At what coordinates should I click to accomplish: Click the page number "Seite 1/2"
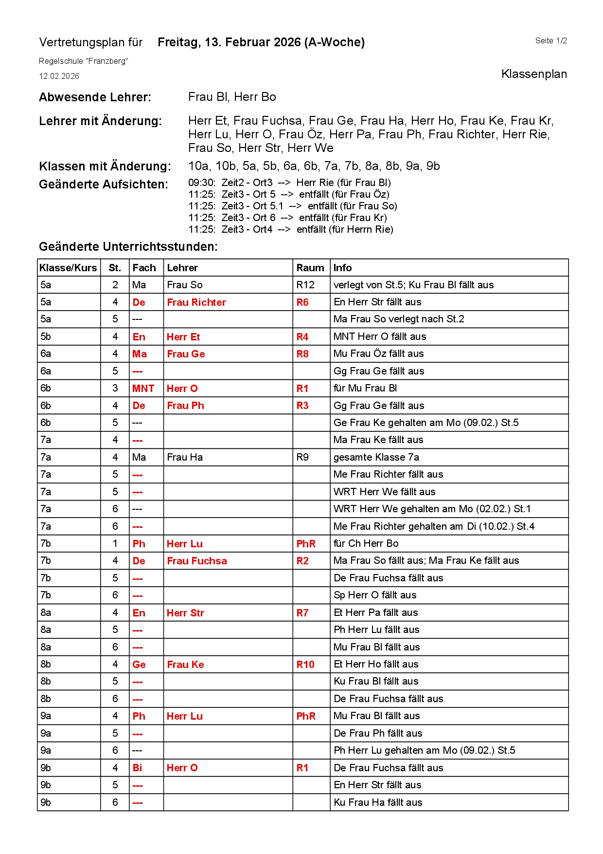pos(550,41)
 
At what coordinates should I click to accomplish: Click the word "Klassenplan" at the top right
pos(533,74)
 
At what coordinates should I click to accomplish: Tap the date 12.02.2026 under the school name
pos(59,76)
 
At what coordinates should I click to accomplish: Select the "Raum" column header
pos(310,268)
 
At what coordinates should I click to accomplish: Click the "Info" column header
pos(342,268)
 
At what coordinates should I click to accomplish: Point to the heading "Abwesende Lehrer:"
pos(95,97)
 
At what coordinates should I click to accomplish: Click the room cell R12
pos(305,285)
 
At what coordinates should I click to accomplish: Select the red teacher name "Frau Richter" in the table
pos(196,302)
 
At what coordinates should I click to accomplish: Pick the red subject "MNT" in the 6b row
pos(143,389)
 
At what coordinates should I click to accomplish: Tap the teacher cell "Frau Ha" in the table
pos(185,457)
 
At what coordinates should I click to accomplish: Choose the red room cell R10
pos(305,665)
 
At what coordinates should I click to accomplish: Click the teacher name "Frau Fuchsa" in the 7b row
pos(197,561)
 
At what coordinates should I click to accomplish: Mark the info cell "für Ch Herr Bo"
pos(366,543)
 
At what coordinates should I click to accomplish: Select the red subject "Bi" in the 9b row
pos(137,768)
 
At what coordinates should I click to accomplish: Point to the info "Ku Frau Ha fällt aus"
pos(378,802)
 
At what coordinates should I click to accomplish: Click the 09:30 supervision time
pos(201,183)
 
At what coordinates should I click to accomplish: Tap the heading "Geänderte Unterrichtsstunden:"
pos(128,247)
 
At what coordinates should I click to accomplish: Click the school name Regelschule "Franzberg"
pos(83,61)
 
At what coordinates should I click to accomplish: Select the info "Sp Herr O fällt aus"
pos(374,595)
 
